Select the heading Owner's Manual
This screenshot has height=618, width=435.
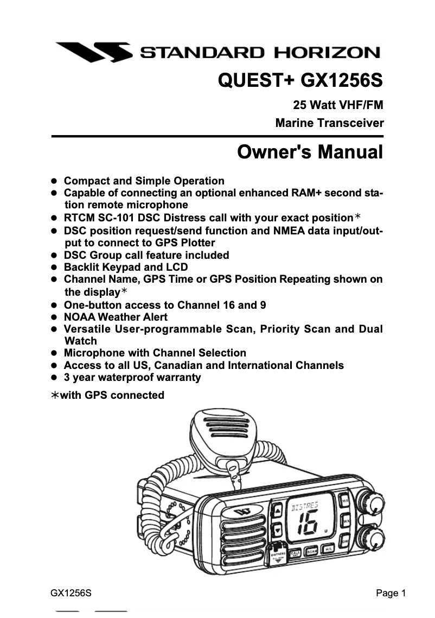click(x=310, y=151)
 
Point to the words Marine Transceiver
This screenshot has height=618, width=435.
click(x=329, y=123)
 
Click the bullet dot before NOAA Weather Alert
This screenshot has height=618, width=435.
click(x=54, y=317)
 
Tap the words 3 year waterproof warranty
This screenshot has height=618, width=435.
click(x=132, y=377)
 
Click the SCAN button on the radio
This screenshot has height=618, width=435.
click(x=311, y=551)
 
